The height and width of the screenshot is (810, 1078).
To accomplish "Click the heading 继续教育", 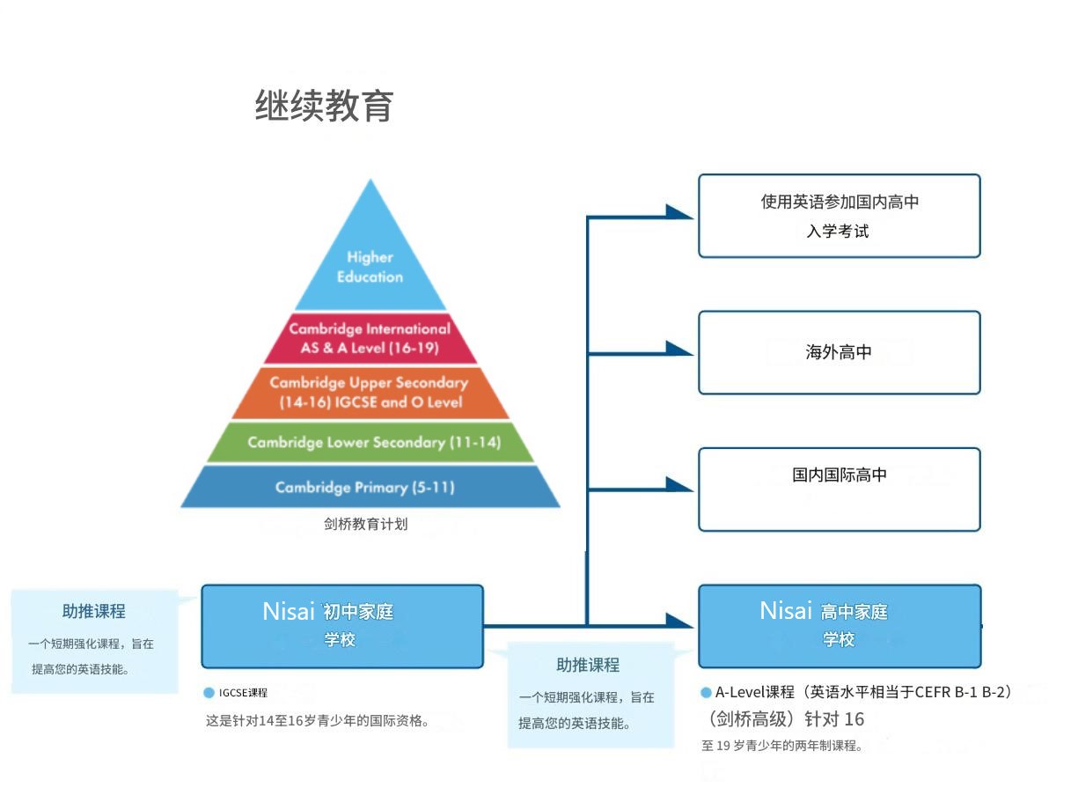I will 324,106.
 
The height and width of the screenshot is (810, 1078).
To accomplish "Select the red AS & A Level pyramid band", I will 370,338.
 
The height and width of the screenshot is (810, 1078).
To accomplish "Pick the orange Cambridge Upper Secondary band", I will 370,392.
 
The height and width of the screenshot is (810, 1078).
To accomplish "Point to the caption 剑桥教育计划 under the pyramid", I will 365,524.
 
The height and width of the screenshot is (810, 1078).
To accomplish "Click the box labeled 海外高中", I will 839,352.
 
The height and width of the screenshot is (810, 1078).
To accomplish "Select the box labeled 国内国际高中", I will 839,489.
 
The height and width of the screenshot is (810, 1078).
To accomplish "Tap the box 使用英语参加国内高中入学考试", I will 839,216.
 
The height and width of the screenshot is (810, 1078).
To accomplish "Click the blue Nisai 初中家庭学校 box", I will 341,626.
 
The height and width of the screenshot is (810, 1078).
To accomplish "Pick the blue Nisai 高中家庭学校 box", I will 839,626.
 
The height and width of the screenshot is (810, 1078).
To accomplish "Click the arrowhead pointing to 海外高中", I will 680,349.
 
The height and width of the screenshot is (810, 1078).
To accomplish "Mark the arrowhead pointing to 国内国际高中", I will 680,484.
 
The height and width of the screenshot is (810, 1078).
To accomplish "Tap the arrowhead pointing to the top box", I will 680,211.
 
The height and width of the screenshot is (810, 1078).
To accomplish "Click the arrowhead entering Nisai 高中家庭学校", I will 680,621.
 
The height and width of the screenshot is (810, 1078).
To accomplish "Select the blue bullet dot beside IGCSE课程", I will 209,693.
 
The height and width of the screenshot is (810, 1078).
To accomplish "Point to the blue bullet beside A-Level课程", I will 706,693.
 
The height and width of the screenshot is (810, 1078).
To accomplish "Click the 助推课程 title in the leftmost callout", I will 93,611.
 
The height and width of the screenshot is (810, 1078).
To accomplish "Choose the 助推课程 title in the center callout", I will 588,665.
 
